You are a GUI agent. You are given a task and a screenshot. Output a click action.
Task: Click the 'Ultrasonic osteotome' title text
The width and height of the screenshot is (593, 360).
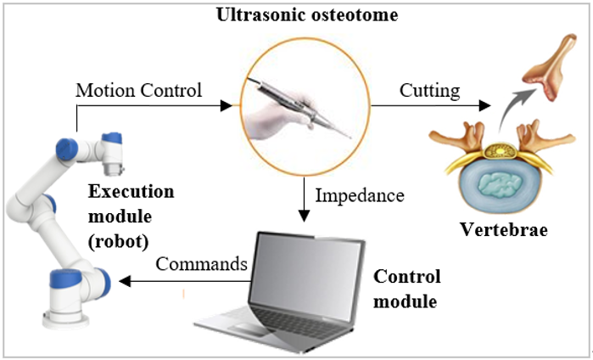pyautogui.click(x=307, y=15)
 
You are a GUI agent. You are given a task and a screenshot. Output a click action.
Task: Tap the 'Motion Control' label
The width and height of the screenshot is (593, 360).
pyautogui.click(x=139, y=91)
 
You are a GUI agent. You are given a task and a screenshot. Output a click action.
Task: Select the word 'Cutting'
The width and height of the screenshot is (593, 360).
pyautogui.click(x=429, y=91)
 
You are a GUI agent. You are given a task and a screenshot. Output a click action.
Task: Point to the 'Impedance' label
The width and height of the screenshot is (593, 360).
pyautogui.click(x=360, y=196)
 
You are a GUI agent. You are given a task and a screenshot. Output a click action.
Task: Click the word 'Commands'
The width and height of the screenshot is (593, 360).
pyautogui.click(x=201, y=263)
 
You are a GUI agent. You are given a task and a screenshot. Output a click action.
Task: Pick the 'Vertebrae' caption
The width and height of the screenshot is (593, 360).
pyautogui.click(x=503, y=229)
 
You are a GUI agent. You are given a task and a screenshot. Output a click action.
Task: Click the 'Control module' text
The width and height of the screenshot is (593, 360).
pyautogui.click(x=407, y=289)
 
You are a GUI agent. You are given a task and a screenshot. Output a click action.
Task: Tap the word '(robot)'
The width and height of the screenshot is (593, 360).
pyautogui.click(x=119, y=241)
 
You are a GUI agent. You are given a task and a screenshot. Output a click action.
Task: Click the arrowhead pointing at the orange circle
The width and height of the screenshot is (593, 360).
pyautogui.click(x=227, y=105)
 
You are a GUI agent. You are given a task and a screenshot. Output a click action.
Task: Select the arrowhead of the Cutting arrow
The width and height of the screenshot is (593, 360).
pyautogui.click(x=484, y=105)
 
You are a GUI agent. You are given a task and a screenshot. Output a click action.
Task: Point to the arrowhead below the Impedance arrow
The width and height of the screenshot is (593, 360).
pyautogui.click(x=304, y=216)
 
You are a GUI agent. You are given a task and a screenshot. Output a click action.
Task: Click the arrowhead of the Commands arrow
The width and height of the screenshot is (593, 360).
pyautogui.click(x=125, y=281)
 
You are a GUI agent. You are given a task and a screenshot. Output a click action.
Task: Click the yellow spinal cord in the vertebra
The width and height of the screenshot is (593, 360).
pyautogui.click(x=500, y=151)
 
